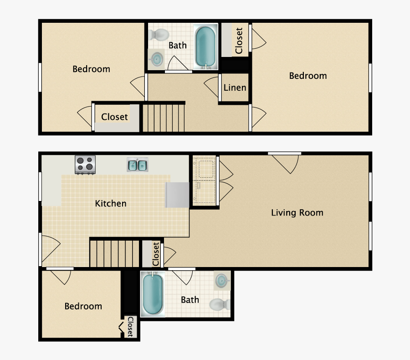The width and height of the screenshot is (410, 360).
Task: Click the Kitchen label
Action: pyautogui.click(x=111, y=203)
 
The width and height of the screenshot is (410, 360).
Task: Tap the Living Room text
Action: pyautogui.click(x=297, y=212)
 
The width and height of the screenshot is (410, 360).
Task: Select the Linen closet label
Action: pyautogui.click(x=235, y=87)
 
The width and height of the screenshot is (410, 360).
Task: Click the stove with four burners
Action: pyautogui.click(x=85, y=165)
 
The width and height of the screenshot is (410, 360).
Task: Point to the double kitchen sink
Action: pyautogui.click(x=137, y=165)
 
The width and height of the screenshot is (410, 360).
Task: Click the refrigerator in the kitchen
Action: pyautogui.click(x=177, y=195)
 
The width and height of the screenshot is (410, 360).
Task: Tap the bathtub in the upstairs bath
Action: pyautogui.click(x=206, y=46)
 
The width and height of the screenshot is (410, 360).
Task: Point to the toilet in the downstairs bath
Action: pyautogui.click(x=220, y=305)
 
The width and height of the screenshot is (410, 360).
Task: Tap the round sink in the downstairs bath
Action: pyautogui.click(x=222, y=280)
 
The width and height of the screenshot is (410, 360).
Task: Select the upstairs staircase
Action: pyautogui.click(x=164, y=118)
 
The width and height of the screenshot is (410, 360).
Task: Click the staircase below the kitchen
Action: pyautogui.click(x=114, y=253)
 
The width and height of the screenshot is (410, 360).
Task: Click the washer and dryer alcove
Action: pyautogui.click(x=204, y=180)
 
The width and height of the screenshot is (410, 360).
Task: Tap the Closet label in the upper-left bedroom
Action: pyautogui.click(x=114, y=117)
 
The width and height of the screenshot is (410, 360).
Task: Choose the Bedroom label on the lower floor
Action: pyautogui.click(x=83, y=306)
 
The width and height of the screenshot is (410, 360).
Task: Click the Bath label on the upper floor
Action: pyautogui.click(x=178, y=46)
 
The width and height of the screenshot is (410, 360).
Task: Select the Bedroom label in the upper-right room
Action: pyautogui.click(x=308, y=76)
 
